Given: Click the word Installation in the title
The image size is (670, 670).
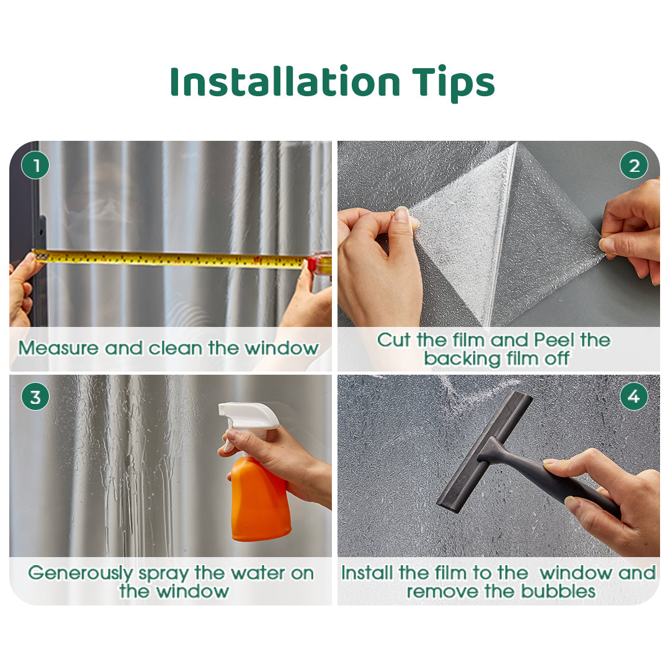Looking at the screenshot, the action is pyautogui.click(x=285, y=81).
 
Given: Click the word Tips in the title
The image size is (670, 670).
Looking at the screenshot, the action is pyautogui.click(x=453, y=84).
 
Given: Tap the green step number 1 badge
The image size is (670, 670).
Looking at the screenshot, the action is pyautogui.click(x=35, y=166).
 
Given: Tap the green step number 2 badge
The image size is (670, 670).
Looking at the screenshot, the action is pyautogui.click(x=634, y=166).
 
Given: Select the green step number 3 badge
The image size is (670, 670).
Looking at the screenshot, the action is pyautogui.click(x=35, y=396).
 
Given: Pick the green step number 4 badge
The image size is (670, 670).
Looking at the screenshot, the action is pyautogui.click(x=634, y=396).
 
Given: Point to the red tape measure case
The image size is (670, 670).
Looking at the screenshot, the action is pyautogui.click(x=321, y=263).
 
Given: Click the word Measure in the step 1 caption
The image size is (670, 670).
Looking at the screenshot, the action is pyautogui.click(x=58, y=348).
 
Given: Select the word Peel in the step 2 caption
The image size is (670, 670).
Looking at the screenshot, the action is pyautogui.click(x=554, y=340).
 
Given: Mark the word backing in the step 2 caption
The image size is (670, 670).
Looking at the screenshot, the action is pyautogui.click(x=462, y=359).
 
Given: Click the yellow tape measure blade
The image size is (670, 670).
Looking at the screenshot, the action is pyautogui.click(x=171, y=259).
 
